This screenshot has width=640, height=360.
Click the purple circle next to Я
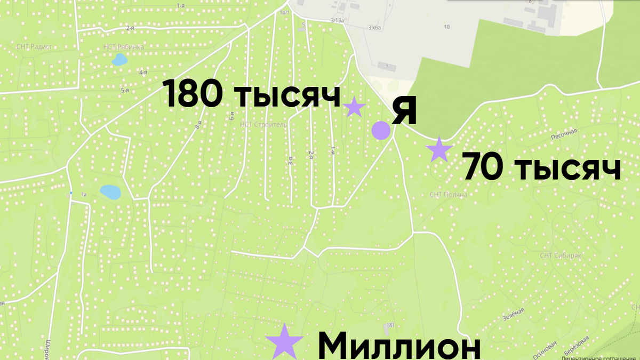tap(380, 130)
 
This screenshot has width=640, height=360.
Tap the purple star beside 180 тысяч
tap(354, 107)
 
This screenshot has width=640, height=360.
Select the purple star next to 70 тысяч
tap(439, 149)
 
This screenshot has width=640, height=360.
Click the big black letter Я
tap(404, 111)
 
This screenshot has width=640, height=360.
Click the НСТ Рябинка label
tap(123, 47)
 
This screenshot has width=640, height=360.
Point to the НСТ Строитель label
tap(264, 125)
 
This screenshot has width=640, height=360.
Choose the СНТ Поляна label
tap(448, 195)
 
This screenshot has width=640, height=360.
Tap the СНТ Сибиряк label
tap(560, 256)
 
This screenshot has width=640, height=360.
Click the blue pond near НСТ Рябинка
tap(118, 59)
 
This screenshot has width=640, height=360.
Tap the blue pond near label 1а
tap(110, 191)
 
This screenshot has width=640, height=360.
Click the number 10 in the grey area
tap(446, 27)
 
